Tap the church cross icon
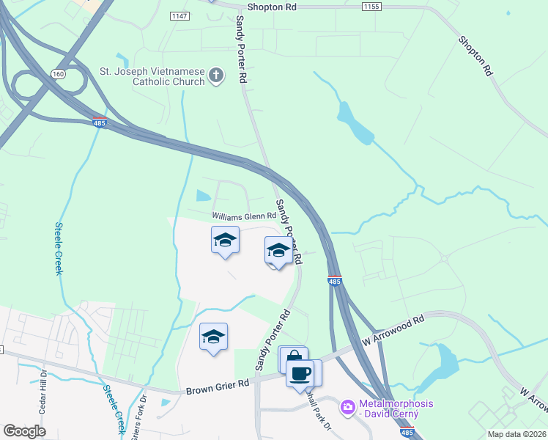[216, 75]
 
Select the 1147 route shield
[178, 15]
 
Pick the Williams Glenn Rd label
[244, 216]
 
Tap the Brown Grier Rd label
[218, 387]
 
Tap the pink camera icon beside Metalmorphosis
[347, 405]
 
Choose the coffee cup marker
[300, 373]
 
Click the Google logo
[24, 430]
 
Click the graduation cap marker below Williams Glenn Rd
[225, 240]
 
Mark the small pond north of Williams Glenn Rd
[203, 196]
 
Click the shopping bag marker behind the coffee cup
[292, 358]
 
